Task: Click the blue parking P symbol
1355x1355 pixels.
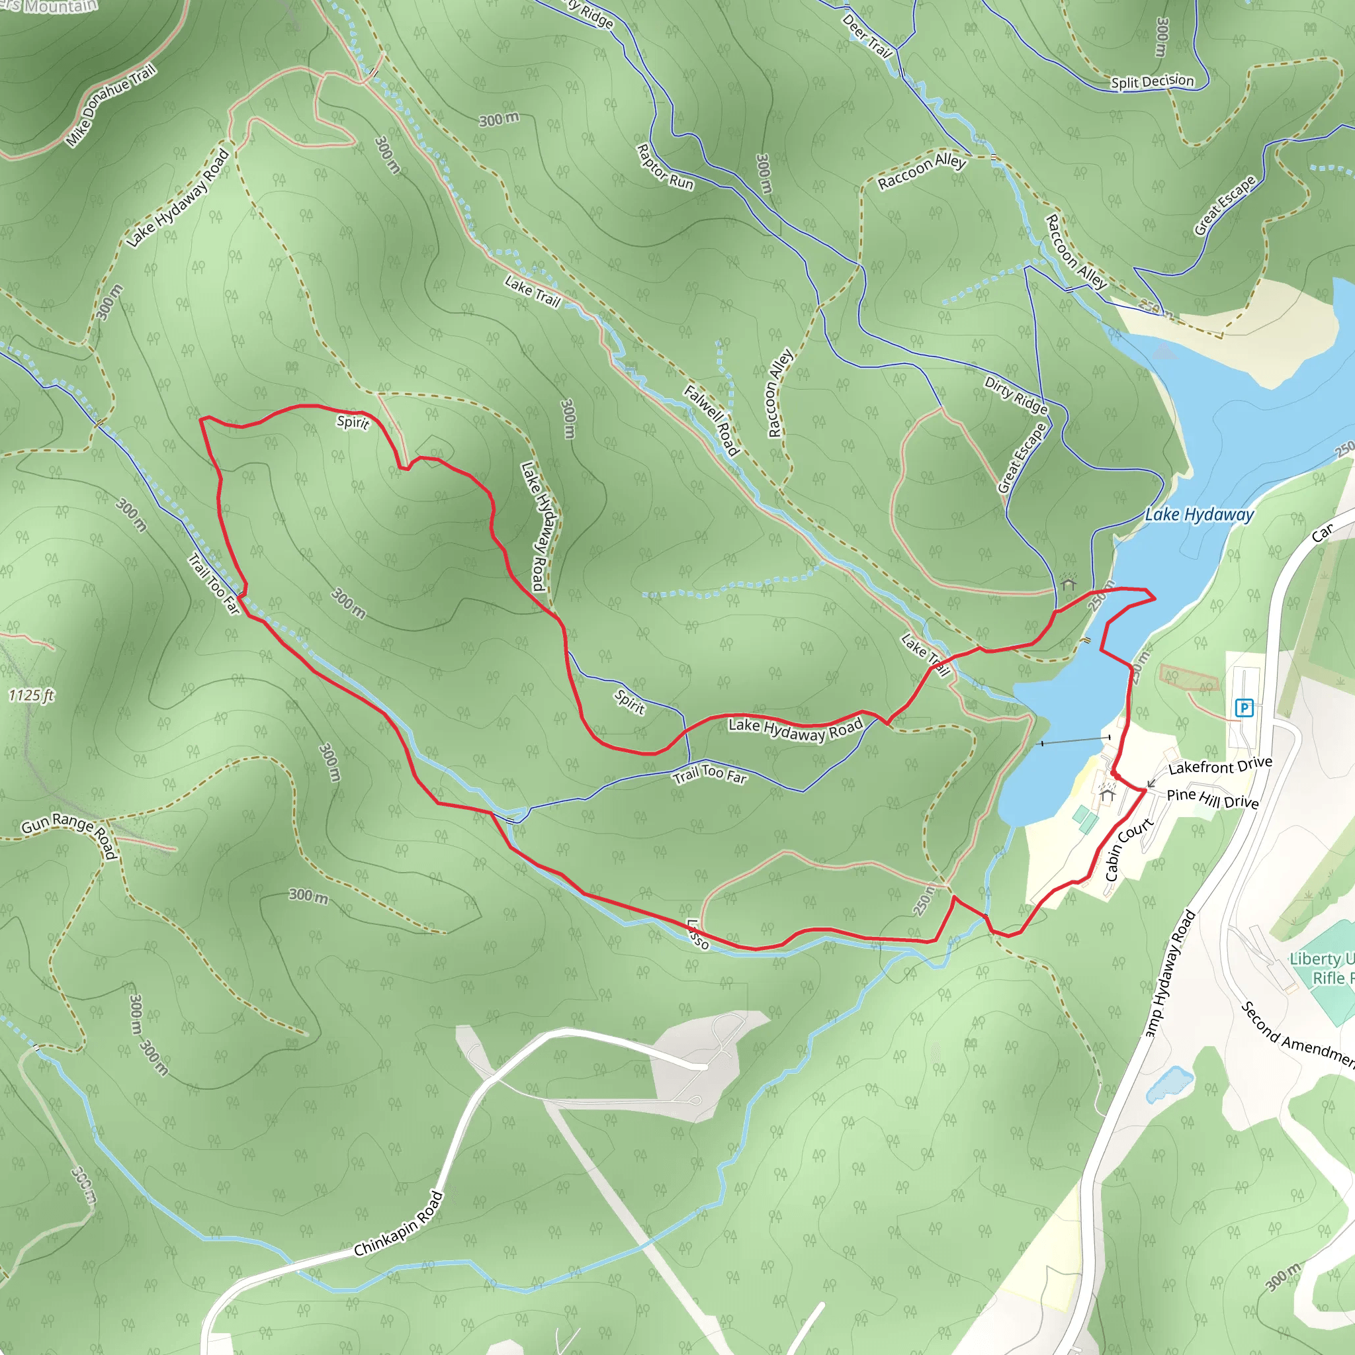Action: pos(1245,708)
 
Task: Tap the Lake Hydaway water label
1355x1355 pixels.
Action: pos(1199,515)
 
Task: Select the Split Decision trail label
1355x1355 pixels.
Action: pos(1152,81)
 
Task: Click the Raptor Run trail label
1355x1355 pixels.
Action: pos(664,167)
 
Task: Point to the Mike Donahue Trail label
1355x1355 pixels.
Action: pos(110,105)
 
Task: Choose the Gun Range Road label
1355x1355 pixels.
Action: pos(69,833)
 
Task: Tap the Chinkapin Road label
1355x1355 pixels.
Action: pos(398,1224)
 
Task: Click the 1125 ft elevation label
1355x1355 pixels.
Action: pos(31,695)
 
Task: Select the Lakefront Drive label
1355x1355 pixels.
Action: pos(1219,766)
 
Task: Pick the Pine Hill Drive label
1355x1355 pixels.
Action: pos(1213,798)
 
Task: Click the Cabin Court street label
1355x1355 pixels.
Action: pos(1129,849)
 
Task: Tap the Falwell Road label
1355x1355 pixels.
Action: pos(712,420)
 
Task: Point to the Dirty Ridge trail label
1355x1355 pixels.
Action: pos(1016,395)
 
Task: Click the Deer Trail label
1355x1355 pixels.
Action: pos(867,35)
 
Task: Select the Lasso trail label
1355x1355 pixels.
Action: pos(697,934)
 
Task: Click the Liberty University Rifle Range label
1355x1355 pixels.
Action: pos(1322,968)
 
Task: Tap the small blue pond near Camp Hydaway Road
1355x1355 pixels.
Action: pos(1168,1084)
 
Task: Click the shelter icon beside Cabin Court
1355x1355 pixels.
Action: pos(1108,794)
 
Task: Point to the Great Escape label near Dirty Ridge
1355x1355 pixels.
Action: pos(1021,458)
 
